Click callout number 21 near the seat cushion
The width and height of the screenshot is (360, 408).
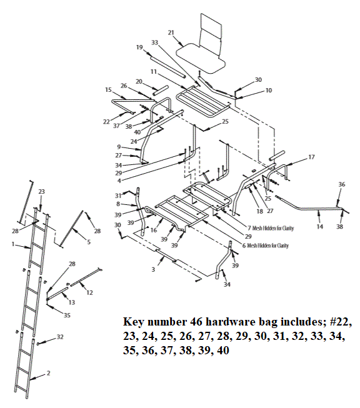coord(171,32)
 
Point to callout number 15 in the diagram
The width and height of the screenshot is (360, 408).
coord(108,89)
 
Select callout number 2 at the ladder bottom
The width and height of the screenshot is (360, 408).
coord(48,373)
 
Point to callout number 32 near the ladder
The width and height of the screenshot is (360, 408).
coord(60,337)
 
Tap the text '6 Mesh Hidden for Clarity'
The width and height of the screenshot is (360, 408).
coord(269,246)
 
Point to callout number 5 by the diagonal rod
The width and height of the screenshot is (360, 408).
coord(89,242)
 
